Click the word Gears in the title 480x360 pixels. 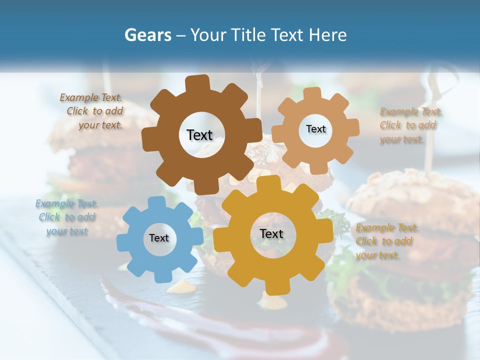(147, 35)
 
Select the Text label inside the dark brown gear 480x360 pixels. (199, 135)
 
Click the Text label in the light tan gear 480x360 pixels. (315, 129)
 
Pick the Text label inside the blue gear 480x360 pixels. (159, 238)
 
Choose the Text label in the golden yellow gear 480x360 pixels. (271, 233)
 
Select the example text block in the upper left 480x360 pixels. (91, 111)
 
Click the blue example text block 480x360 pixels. (66, 217)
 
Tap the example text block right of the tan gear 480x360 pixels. (409, 125)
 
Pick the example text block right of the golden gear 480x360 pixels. (386, 241)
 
